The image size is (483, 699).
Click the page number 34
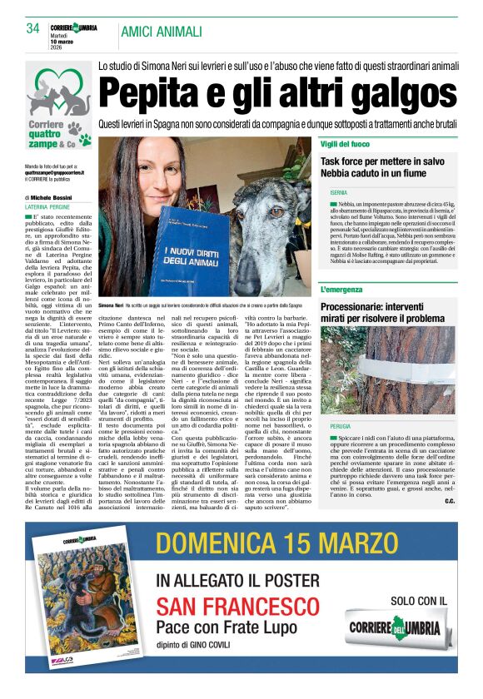tap(32, 29)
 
